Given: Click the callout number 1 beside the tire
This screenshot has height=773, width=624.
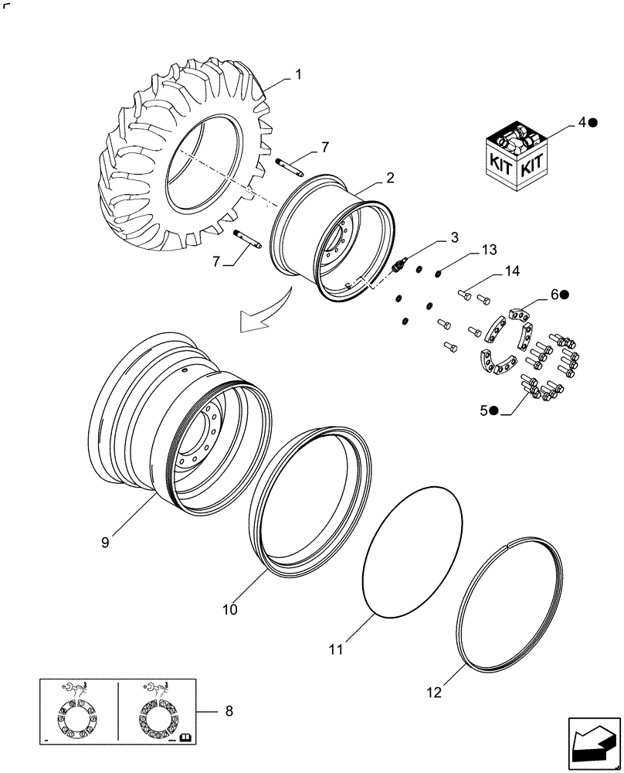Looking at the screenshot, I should click(x=297, y=75).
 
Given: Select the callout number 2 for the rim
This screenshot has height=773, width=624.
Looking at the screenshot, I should click(x=390, y=179).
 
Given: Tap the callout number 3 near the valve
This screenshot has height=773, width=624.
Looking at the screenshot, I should click(x=455, y=236).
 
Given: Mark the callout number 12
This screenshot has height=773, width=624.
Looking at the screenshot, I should click(x=434, y=693).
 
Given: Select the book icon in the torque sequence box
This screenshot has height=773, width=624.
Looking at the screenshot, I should click(x=185, y=739).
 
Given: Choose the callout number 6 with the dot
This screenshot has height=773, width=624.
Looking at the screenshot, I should click(x=555, y=295).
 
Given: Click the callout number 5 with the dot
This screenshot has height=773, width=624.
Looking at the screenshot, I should click(x=483, y=411).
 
